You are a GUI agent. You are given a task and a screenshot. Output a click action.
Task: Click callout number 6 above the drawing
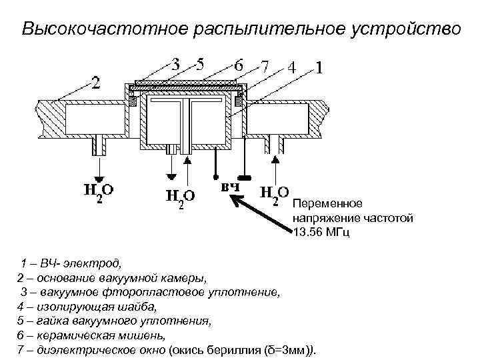pyautogui.click(x=239, y=66)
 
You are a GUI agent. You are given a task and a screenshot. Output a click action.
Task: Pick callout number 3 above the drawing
pyautogui.click(x=175, y=66)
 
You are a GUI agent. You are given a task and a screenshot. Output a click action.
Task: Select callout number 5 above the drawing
pyautogui.click(x=199, y=66)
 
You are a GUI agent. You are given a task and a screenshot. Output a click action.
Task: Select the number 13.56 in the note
pyautogui.click(x=306, y=232)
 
